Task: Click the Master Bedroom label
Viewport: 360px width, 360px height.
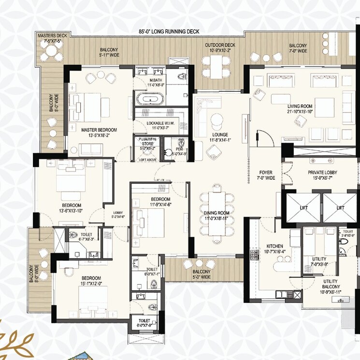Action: (99, 130)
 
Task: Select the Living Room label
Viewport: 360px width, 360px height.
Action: (300, 106)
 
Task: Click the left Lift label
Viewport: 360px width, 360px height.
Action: (303, 207)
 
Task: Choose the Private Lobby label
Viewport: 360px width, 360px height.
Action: (322, 173)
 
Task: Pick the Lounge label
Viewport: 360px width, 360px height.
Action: (220, 135)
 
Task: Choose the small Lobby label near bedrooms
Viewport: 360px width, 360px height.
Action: (118, 213)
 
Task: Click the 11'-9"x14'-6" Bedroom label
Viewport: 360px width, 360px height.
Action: (160, 200)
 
